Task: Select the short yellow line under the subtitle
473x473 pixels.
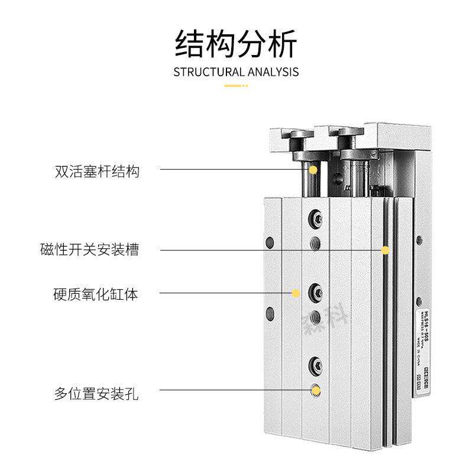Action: point(236,86)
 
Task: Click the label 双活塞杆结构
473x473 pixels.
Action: point(97,172)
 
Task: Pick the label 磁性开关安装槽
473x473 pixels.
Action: point(89,250)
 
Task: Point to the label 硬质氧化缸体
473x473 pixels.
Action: point(96,293)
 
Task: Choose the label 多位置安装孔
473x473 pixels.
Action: point(96,393)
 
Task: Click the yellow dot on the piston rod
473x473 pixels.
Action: point(313,170)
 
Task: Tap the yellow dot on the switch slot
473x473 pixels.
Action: point(385,250)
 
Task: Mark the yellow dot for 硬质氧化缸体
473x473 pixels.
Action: point(296,293)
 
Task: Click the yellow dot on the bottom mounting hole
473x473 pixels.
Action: point(316,390)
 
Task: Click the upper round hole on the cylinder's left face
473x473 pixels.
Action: point(271,242)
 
